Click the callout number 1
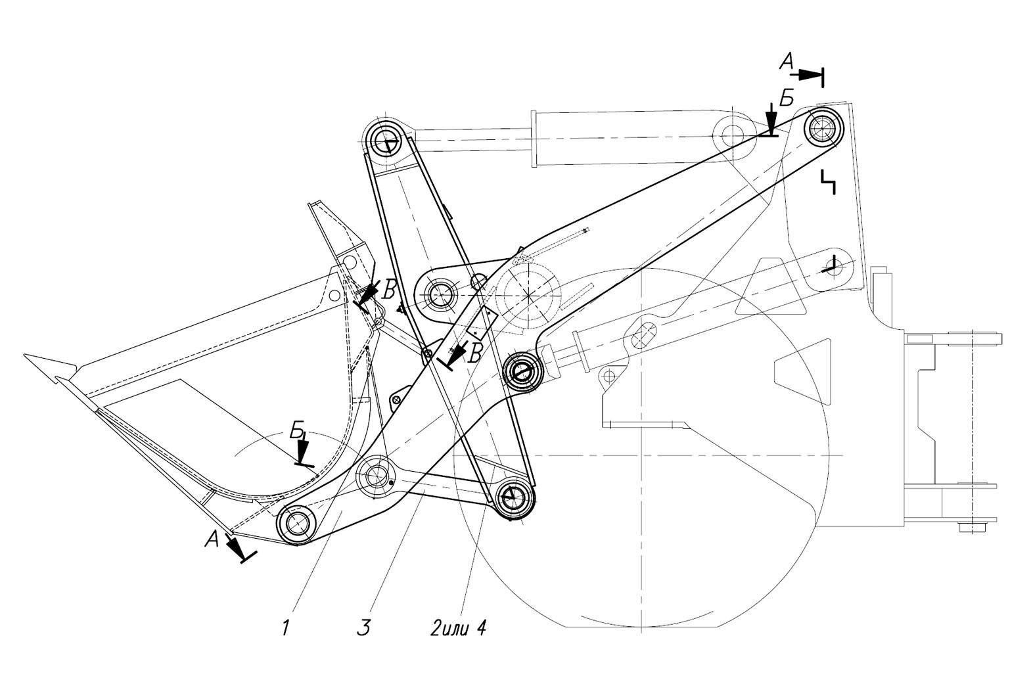[x=285, y=627]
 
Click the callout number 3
[x=363, y=627]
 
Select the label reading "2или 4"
[x=457, y=627]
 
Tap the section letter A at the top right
[x=786, y=62]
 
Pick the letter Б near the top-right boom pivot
[x=787, y=98]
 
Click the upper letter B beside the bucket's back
[x=390, y=291]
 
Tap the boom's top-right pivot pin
[x=823, y=126]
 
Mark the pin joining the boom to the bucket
[x=298, y=523]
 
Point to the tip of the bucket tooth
[x=24, y=355]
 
